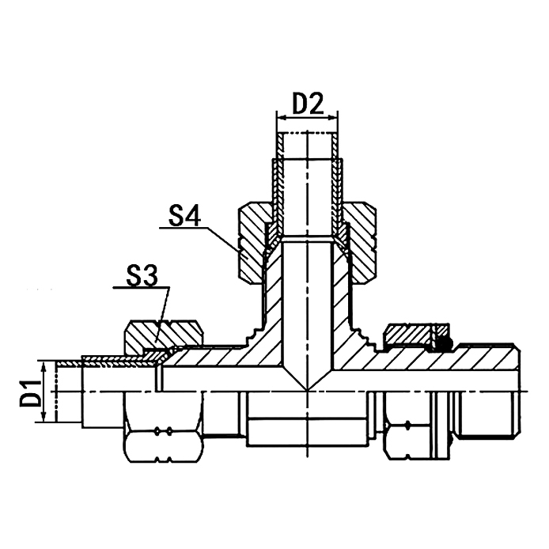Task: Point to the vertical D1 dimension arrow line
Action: coord(50,392)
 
